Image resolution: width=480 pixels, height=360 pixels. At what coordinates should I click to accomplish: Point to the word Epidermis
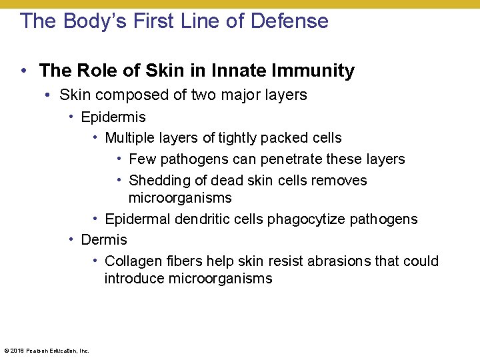(x=113, y=117)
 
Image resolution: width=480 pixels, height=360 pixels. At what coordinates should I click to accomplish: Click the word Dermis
(x=103, y=239)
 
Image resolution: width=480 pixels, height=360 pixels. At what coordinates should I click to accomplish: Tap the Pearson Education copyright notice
(x=46, y=351)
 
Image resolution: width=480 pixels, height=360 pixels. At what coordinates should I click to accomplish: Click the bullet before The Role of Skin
(x=23, y=70)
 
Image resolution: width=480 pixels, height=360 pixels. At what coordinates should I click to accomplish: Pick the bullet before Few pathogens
(x=119, y=159)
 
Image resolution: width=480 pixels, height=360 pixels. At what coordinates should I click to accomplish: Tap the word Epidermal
(x=135, y=219)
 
